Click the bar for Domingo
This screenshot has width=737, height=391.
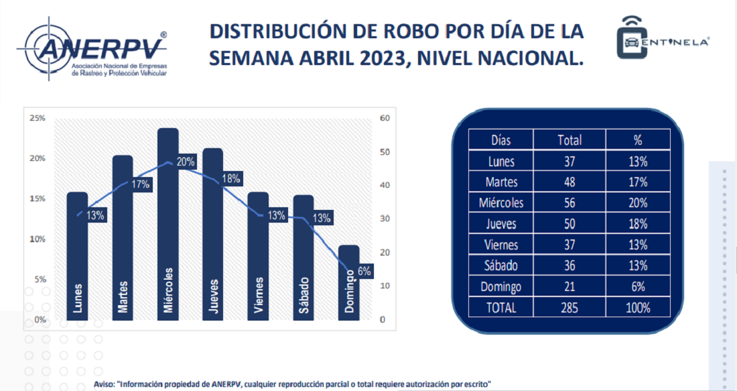pos(348,282)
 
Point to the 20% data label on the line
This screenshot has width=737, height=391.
pos(186,162)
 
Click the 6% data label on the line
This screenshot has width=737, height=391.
pos(364,272)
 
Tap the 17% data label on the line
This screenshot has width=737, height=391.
pos(141,184)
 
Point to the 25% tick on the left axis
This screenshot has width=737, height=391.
pos(38,118)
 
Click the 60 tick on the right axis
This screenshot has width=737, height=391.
pos(384,118)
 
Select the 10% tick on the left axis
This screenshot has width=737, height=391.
pos(38,239)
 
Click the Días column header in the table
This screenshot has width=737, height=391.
pos(500,140)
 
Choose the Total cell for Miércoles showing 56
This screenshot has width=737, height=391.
pos(569,203)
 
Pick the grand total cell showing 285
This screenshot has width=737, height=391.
pos(569,308)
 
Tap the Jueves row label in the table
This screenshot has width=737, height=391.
pos(500,224)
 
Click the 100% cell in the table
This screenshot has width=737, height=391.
pos(638,308)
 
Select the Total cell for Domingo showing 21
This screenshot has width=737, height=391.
pos(569,287)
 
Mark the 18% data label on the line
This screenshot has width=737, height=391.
pos(231,178)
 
